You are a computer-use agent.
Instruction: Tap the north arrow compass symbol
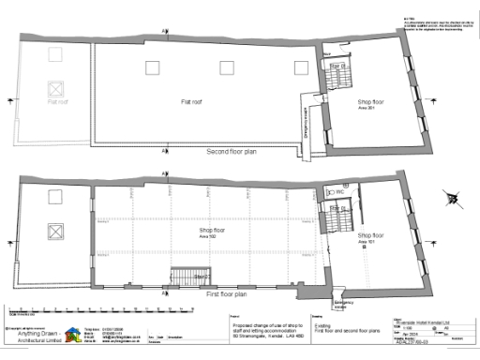click(x=455, y=198)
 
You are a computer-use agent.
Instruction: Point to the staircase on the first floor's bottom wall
click(x=185, y=277)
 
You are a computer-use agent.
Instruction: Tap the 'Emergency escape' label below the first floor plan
click(x=343, y=304)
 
